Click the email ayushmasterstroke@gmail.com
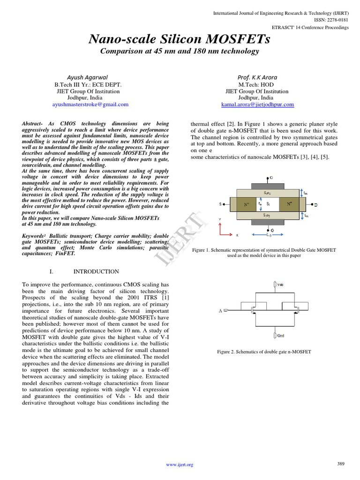click(90, 105)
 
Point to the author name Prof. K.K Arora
click(257, 77)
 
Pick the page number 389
click(341, 464)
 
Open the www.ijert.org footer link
click(180, 465)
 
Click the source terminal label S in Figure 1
click(220, 204)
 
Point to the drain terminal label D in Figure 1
click(315, 205)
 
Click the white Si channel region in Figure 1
click(268, 204)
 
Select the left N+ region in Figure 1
click(245, 204)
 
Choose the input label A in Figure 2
click(220, 310)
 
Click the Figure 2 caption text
click(264, 352)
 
